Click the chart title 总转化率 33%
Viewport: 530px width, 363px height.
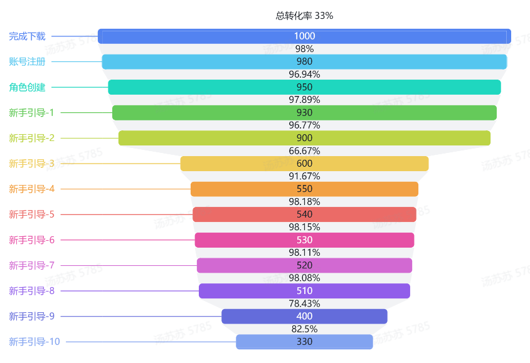[304, 16]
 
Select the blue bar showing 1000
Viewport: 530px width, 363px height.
[304, 36]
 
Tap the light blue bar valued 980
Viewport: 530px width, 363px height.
[304, 61]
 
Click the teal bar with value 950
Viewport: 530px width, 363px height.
[304, 87]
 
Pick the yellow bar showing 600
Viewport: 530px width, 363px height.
[304, 164]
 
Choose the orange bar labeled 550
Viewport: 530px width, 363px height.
[304, 189]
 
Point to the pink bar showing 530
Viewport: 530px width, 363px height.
[304, 240]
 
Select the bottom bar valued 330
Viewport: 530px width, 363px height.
[304, 342]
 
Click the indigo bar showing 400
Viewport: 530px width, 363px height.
[304, 316]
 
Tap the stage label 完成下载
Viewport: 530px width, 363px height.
[27, 36]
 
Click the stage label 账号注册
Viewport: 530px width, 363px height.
[27, 61]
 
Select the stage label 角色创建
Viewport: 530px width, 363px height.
[27, 87]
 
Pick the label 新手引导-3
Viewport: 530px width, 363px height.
[31, 164]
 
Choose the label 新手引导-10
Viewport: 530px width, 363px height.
[34, 342]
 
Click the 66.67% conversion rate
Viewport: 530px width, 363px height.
[304, 151]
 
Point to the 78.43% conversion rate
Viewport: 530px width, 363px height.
[304, 303]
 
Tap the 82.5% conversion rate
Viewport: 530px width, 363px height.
[304, 329]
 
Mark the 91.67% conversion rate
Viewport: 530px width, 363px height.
[304, 176]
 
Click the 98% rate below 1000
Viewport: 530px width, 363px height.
[304, 49]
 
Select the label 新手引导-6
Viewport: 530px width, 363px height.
[31, 240]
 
